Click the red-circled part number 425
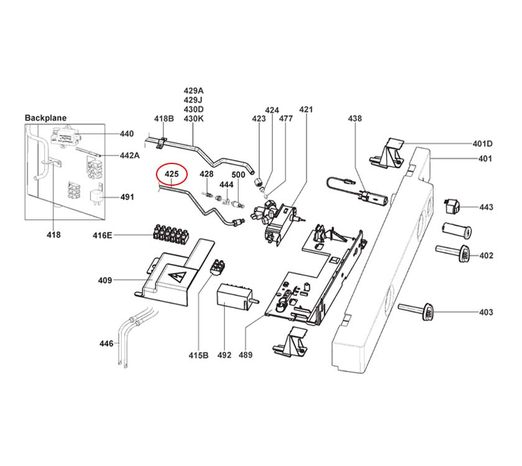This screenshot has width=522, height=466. point(172,175)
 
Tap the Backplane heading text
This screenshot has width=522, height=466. point(45,117)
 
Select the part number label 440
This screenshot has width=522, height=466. point(126,134)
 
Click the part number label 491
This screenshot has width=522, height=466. point(126,198)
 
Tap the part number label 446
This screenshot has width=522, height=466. point(106,344)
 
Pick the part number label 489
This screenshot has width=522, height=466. point(246,355)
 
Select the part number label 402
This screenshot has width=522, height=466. point(485,255)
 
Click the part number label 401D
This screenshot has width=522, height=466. point(482,144)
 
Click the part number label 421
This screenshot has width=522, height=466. point(306,110)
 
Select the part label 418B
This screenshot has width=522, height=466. point(163,118)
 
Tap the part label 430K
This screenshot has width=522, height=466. point(193,118)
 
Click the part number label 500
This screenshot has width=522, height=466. point(238,175)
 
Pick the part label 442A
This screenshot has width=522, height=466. point(129,155)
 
